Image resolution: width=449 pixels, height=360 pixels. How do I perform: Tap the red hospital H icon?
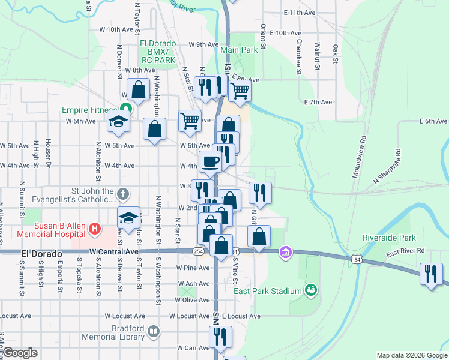click(x=94, y=228)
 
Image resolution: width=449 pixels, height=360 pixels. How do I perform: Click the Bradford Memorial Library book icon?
click(x=154, y=331)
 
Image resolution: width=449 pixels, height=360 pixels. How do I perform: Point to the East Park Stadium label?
click(x=267, y=291)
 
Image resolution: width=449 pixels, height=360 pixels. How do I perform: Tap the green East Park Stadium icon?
click(x=310, y=290)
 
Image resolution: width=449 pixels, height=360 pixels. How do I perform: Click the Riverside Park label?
click(x=388, y=238)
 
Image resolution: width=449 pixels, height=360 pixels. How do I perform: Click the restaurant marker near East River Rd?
click(x=431, y=275)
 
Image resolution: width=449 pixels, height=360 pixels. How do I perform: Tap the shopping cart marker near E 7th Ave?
click(x=240, y=91)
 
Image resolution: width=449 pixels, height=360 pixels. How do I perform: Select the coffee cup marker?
click(x=211, y=161)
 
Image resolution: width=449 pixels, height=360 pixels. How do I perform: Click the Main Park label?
click(x=238, y=50)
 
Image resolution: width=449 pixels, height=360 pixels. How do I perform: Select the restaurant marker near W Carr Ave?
click(x=220, y=338)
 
